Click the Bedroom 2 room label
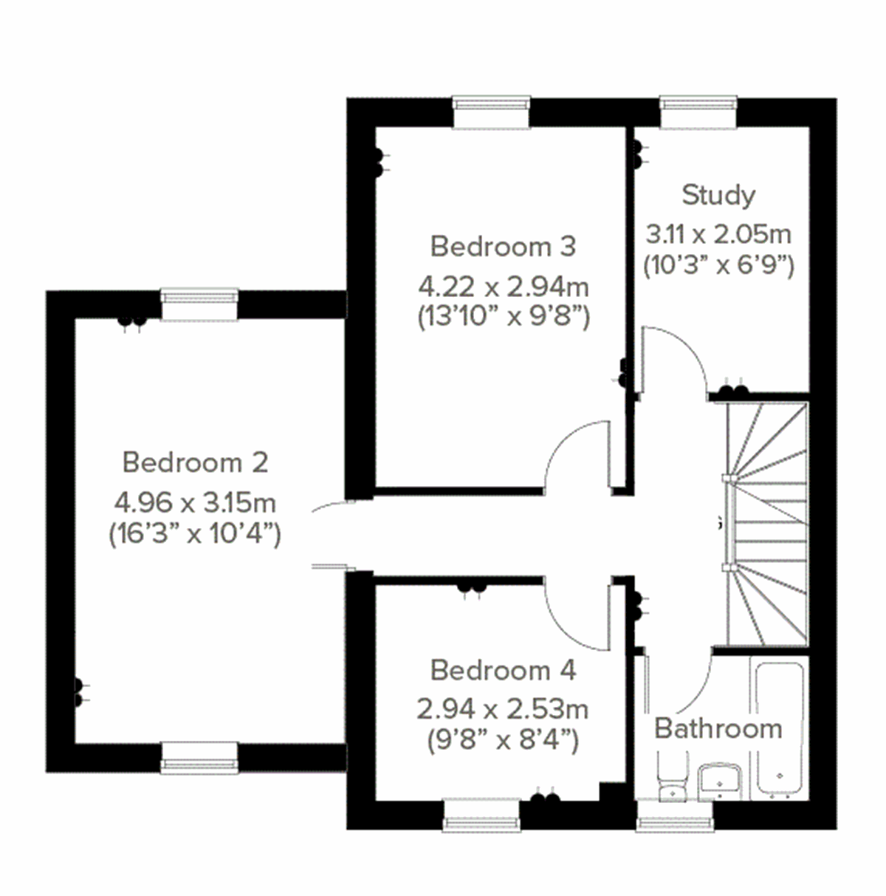[x=195, y=462]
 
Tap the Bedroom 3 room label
[x=502, y=246]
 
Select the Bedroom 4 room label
[x=502, y=671]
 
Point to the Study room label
[x=718, y=195]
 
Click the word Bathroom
[x=718, y=728]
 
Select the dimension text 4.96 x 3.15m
[x=195, y=503]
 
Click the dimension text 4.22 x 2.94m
[x=503, y=286]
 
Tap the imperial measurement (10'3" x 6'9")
[x=718, y=264]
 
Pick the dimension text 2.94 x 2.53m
[x=502, y=710]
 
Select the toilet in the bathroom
[x=672, y=779]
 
